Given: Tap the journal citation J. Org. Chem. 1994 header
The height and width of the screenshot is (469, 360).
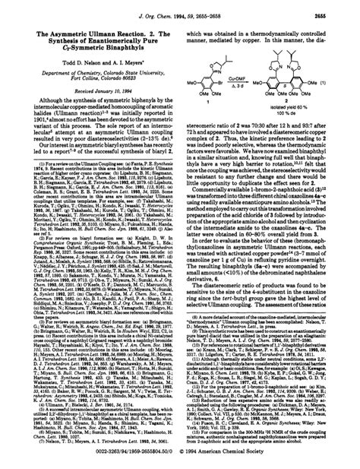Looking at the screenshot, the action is click(x=179, y=7).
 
